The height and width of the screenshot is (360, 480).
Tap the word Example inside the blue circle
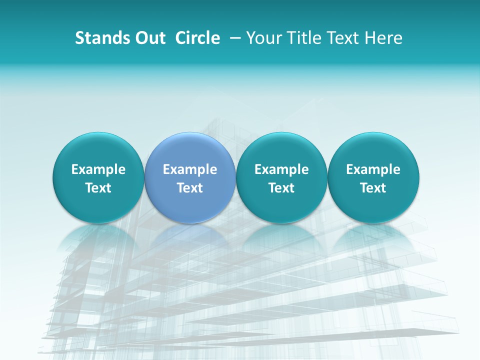(x=190, y=169)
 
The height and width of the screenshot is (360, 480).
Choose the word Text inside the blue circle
(x=190, y=188)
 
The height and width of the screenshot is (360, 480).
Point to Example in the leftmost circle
(x=98, y=169)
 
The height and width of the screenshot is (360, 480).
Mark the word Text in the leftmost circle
(x=98, y=188)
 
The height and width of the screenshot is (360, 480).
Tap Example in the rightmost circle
(x=373, y=169)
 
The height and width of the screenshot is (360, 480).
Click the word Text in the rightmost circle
(x=373, y=188)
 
